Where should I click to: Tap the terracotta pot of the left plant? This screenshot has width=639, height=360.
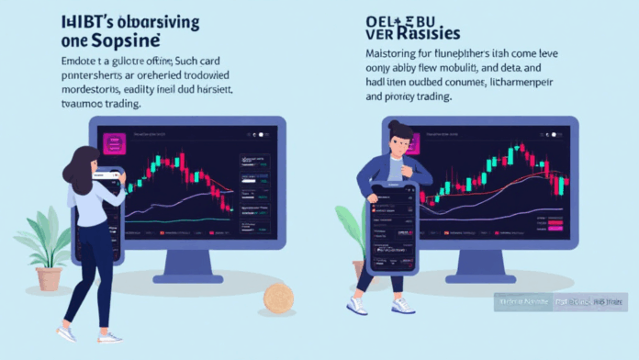(50, 278)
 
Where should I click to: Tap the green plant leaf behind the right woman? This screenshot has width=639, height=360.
(349, 225)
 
